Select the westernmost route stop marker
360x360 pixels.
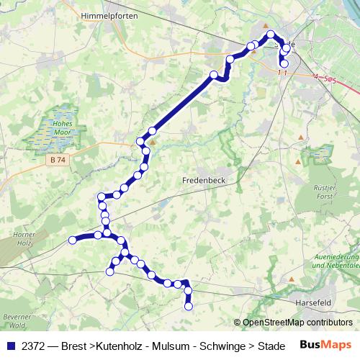(x=72, y=240)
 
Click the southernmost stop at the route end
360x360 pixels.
(x=189, y=306)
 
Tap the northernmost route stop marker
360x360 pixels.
(x=271, y=35)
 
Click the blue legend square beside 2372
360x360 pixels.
(x=9, y=346)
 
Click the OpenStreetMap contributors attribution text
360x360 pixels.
(x=297, y=323)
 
